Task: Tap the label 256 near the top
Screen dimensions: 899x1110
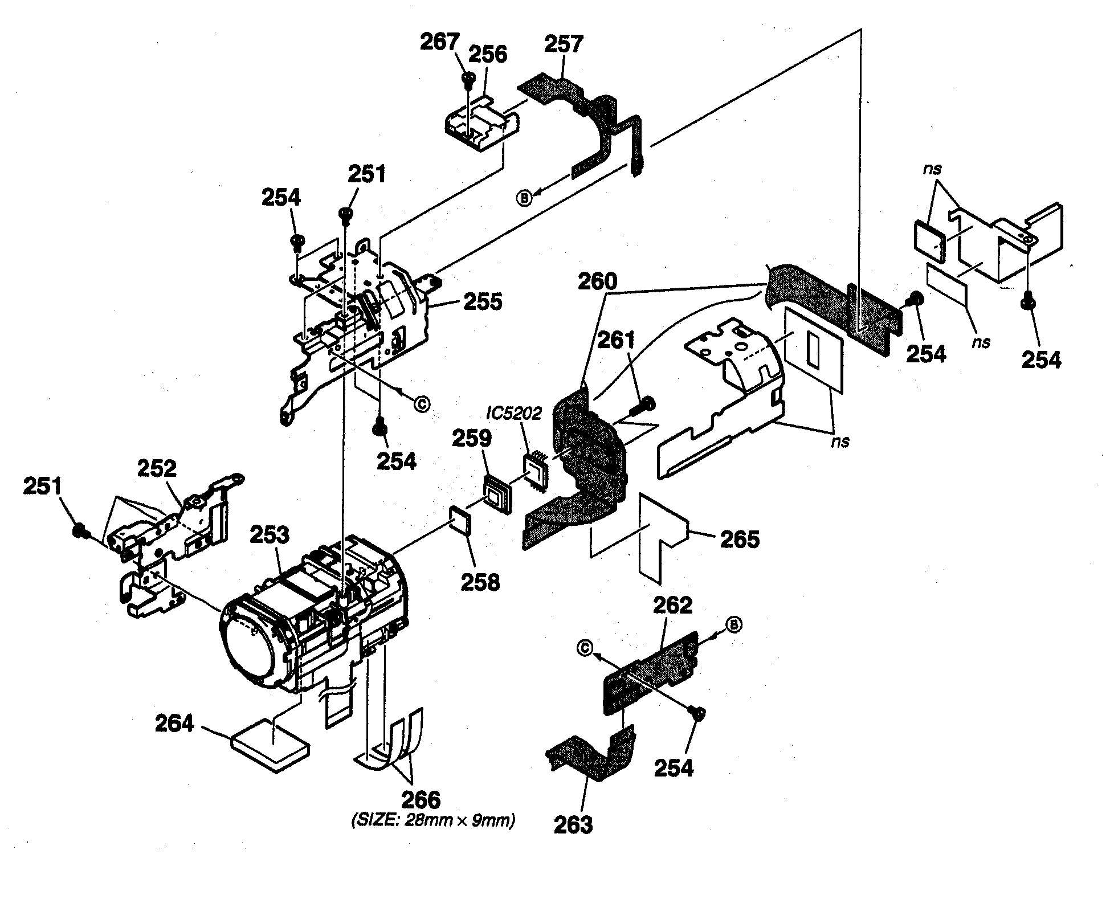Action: pyautogui.click(x=488, y=55)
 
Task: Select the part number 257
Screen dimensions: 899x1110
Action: pyautogui.click(x=565, y=44)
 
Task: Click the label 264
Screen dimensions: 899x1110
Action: pyautogui.click(x=174, y=724)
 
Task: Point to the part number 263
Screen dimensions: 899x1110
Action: pyautogui.click(x=573, y=824)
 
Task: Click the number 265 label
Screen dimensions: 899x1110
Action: pyautogui.click(x=740, y=539)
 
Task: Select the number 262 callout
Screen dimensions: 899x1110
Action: pyautogui.click(x=672, y=605)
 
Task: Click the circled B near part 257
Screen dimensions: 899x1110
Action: pyautogui.click(x=523, y=198)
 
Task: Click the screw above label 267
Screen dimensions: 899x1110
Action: pyautogui.click(x=468, y=79)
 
